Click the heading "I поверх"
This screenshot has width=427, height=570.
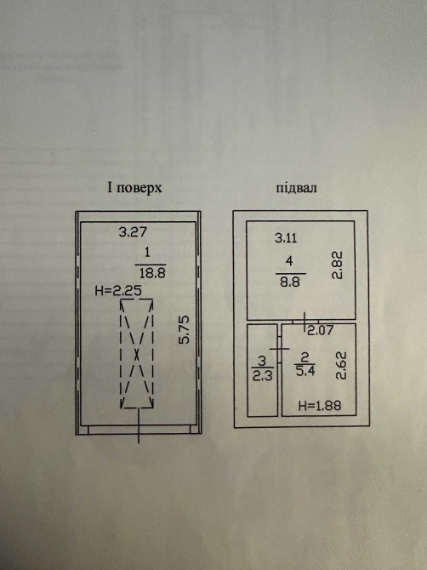pyautogui.click(x=134, y=188)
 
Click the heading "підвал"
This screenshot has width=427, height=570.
pyautogui.click(x=296, y=188)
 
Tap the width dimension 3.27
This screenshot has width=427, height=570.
pyautogui.click(x=133, y=232)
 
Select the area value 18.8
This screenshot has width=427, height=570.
pyautogui.click(x=152, y=273)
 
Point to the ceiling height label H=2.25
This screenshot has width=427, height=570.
pyautogui.click(x=117, y=291)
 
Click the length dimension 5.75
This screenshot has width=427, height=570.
pyautogui.click(x=185, y=330)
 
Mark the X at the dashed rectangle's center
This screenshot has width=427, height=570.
pyautogui.click(x=137, y=354)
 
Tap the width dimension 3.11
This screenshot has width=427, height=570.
pyautogui.click(x=286, y=238)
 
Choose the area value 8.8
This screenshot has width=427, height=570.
pyautogui.click(x=290, y=282)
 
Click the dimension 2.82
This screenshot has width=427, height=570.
pyautogui.click(x=337, y=265)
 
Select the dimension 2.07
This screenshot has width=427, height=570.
pyautogui.click(x=320, y=330)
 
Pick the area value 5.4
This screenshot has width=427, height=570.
pyautogui.click(x=305, y=371)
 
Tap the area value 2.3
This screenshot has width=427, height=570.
pyautogui.click(x=262, y=375)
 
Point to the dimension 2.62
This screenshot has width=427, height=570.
pyautogui.click(x=341, y=366)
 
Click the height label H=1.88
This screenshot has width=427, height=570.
pyautogui.click(x=320, y=405)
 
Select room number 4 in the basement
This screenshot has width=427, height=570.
pyautogui.click(x=289, y=260)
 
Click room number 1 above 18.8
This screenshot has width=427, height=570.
pyautogui.click(x=147, y=252)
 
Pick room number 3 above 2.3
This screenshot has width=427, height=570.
pyautogui.click(x=262, y=361)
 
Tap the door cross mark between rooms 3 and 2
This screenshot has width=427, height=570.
pyautogui.click(x=279, y=349)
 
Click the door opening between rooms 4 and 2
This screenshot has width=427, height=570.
pyautogui.click(x=305, y=322)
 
